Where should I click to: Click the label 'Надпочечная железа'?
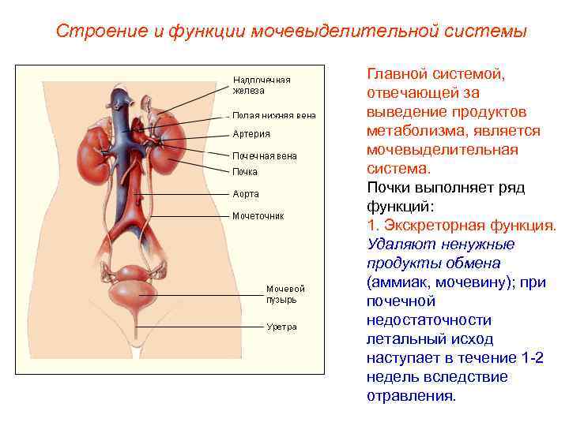261,84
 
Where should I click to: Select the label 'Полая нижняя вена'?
273,115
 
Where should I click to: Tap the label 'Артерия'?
251,133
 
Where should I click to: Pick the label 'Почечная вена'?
264,155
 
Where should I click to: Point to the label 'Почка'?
245,171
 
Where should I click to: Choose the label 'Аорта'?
245,193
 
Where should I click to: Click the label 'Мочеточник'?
258,215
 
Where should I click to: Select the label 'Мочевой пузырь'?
284,293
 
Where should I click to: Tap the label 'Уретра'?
281,327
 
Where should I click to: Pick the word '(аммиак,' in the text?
404,282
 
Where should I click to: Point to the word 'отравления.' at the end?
411,396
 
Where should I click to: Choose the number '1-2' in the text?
533,358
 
